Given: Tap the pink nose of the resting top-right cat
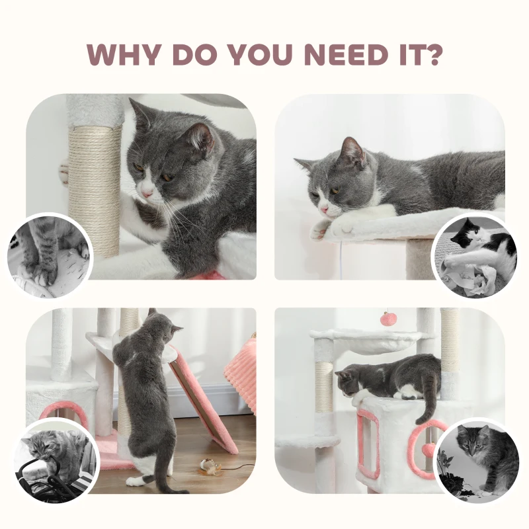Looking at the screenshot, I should [x=323, y=210].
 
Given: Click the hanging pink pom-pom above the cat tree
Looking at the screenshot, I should [x=387, y=319].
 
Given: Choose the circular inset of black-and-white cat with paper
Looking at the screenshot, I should [x=474, y=255].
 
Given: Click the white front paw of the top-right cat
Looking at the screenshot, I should [x=321, y=229].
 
